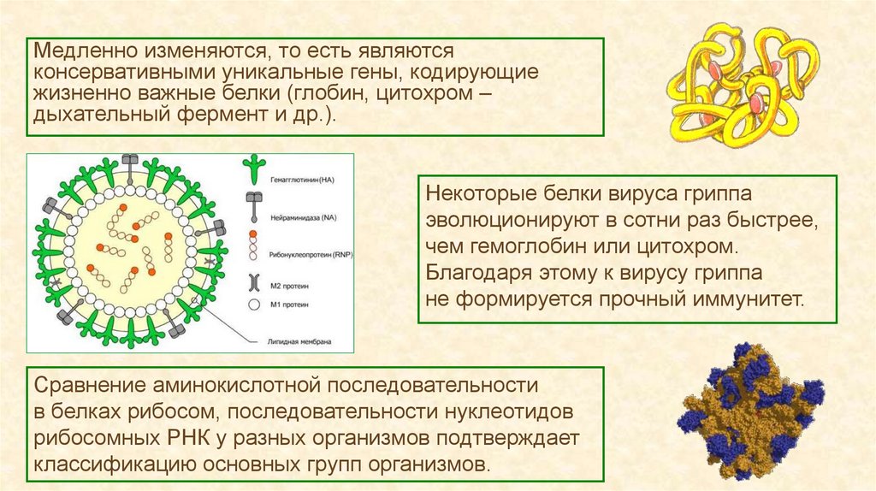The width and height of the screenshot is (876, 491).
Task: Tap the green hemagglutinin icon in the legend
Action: point(255,169)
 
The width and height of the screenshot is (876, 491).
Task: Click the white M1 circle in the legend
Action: point(255,304)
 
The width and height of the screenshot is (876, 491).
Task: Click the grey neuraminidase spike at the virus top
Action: point(130,164)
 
